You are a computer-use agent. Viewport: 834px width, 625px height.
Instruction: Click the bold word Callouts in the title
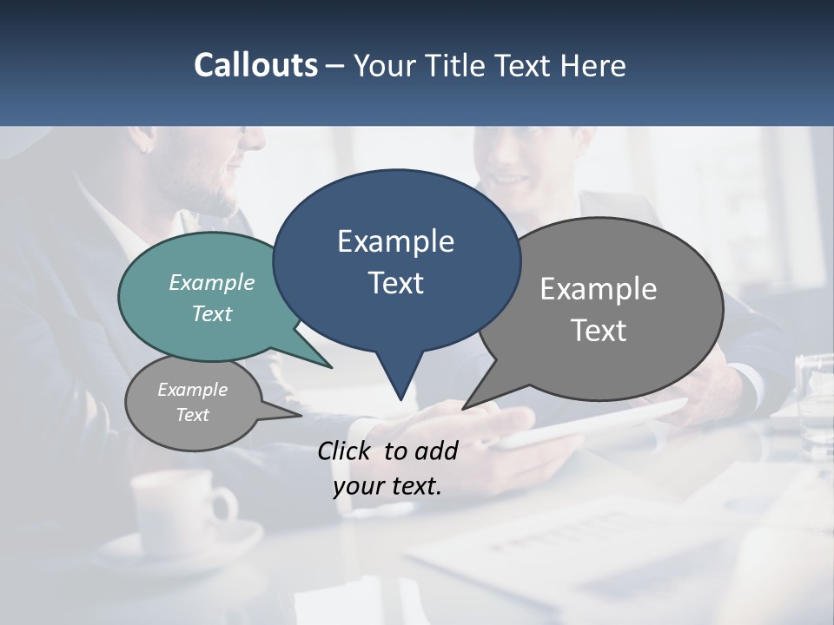point(255,65)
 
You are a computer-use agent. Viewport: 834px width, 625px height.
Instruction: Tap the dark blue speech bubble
point(396,260)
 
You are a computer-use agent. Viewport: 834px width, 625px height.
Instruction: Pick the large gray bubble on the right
point(608,308)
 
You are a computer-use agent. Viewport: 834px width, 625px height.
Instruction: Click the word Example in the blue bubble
point(395,241)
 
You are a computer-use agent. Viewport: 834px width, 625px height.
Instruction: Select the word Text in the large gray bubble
point(599,331)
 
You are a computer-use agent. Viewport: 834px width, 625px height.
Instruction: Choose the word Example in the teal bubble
point(212,283)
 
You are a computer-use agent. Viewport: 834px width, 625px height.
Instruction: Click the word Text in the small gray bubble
point(193,415)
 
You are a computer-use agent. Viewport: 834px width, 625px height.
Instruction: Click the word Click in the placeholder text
point(347,451)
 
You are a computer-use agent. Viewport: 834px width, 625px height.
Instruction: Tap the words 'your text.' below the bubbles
point(387,486)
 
